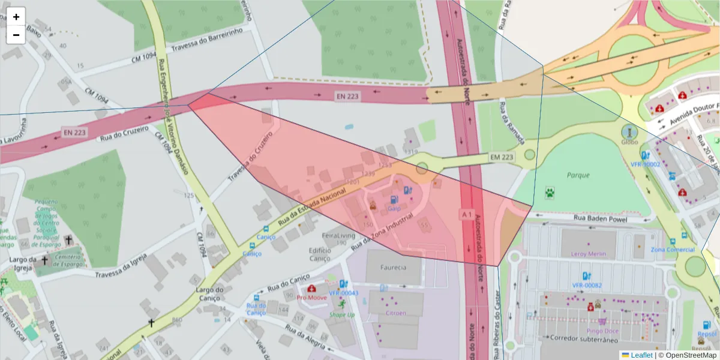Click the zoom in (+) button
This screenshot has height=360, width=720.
(x=16, y=17)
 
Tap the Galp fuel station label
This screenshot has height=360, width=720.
(x=394, y=208)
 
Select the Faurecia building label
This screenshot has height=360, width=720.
(x=394, y=267)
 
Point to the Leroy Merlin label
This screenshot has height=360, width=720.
(x=589, y=254)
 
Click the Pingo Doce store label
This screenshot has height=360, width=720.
(x=603, y=331)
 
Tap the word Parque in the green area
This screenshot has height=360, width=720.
(x=578, y=175)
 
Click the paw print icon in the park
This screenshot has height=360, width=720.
(x=550, y=192)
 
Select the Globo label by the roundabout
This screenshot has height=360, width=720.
(x=629, y=143)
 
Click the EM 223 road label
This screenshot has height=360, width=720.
(x=503, y=157)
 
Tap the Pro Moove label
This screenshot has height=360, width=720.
(x=312, y=298)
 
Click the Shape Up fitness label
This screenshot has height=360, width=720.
(x=342, y=314)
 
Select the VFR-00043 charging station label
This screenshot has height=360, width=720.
(x=343, y=293)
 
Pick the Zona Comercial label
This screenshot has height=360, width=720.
(x=673, y=250)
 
